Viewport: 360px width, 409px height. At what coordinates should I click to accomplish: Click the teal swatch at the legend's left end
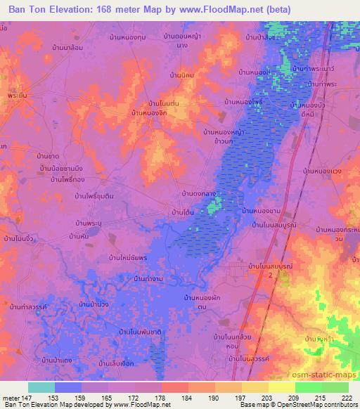pyautogui.click(x=41, y=387)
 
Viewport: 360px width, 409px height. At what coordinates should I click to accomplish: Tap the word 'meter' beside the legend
pyautogui.click(x=10, y=398)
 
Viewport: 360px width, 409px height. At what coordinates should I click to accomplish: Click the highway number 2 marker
pyautogui.click(x=270, y=276)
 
